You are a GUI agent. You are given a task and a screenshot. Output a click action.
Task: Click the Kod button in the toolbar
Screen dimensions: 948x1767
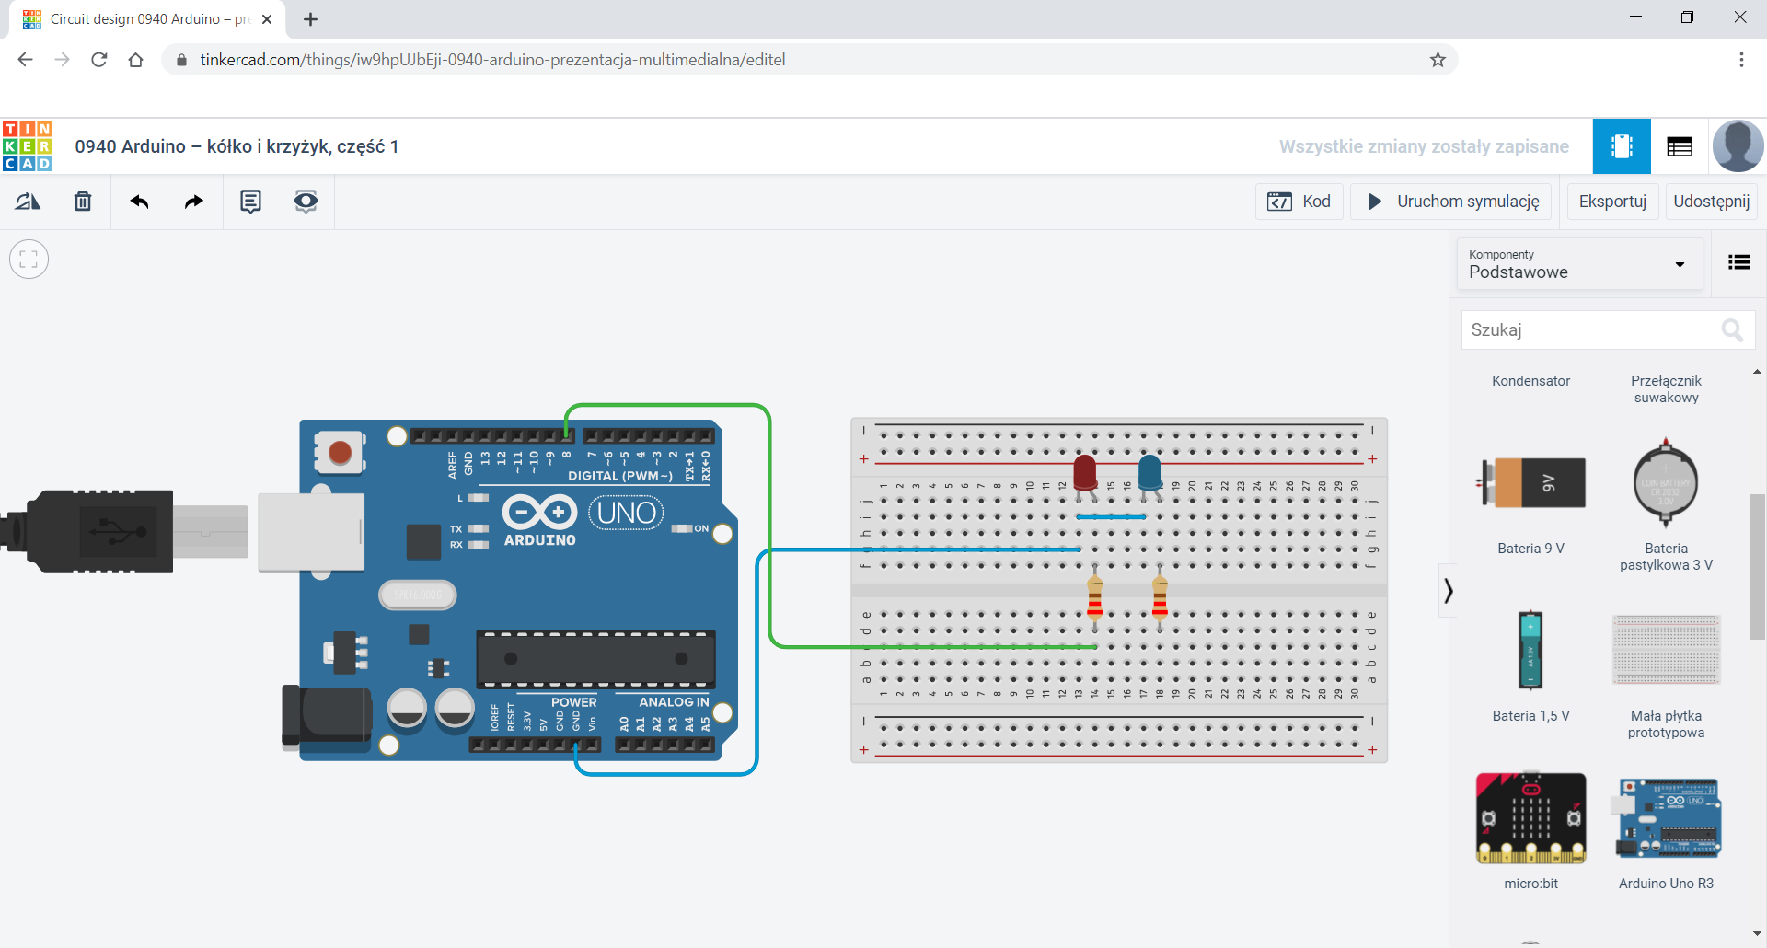click(x=1299, y=202)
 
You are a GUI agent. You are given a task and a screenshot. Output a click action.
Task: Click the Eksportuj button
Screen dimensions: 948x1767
click(x=1611, y=202)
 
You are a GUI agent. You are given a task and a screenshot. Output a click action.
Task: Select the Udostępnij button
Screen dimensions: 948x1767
click(x=1711, y=202)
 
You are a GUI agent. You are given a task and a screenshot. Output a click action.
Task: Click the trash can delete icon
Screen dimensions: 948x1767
click(x=83, y=202)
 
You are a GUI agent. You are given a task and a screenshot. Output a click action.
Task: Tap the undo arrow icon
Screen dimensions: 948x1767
click(x=139, y=202)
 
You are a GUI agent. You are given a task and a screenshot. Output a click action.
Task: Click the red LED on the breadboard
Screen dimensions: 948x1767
click(x=1085, y=472)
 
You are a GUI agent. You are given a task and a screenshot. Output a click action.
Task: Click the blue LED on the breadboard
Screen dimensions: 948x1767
click(x=1149, y=472)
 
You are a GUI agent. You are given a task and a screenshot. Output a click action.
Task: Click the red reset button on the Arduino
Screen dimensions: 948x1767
click(x=340, y=452)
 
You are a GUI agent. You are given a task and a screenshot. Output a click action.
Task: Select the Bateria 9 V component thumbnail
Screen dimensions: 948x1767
click(x=1531, y=483)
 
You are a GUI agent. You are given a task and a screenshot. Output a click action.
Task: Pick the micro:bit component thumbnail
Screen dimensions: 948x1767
click(x=1530, y=818)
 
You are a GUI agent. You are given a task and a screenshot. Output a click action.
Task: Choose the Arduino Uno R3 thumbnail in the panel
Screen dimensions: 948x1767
click(x=1666, y=818)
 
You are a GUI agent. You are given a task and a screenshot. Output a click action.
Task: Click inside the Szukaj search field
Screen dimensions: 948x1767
click(x=1588, y=329)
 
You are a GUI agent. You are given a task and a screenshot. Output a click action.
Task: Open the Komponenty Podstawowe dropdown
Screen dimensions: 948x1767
click(x=1578, y=264)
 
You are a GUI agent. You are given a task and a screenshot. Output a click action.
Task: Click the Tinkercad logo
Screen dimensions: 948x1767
click(x=28, y=146)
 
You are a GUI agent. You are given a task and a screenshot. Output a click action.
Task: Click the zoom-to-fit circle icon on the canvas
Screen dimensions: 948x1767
click(x=29, y=260)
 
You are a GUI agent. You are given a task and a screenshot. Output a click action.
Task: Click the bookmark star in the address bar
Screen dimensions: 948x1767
click(x=1438, y=60)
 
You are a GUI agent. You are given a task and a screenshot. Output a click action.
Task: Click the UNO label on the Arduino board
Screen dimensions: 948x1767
click(x=626, y=513)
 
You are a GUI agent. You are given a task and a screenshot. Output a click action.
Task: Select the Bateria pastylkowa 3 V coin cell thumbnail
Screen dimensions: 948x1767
click(x=1665, y=483)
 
